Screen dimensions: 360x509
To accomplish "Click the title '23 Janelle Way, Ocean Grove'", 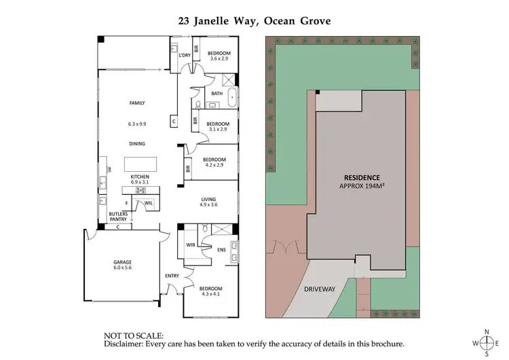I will pos(254,21).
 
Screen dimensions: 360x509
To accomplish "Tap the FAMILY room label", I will pos(138,103).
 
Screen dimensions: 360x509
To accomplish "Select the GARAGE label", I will pos(122,262).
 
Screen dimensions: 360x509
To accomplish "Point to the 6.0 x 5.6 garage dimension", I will pos(122,269).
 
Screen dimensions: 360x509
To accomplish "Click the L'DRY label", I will pos(183,55).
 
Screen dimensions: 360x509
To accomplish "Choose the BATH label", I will pos(216,94).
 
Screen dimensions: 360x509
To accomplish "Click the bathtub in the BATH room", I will pos(231,98).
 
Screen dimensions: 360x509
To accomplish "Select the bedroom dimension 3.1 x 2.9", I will pos(219,129).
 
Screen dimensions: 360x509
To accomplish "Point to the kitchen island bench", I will pos(140,165).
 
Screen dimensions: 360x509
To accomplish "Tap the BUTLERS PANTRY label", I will pos(118,217).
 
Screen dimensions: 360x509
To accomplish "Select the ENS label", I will pos(221,249).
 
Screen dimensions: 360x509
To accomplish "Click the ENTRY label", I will pos(172,275).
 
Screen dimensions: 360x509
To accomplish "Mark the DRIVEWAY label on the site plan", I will pos(319,289).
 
